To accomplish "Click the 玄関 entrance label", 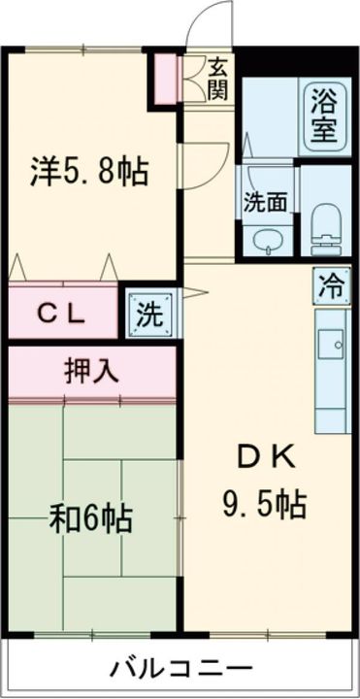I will (x=218, y=79).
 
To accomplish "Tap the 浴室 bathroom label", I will (x=325, y=116).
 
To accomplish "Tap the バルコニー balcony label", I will (x=181, y=669).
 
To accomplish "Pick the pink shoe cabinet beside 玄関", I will (x=166, y=79).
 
